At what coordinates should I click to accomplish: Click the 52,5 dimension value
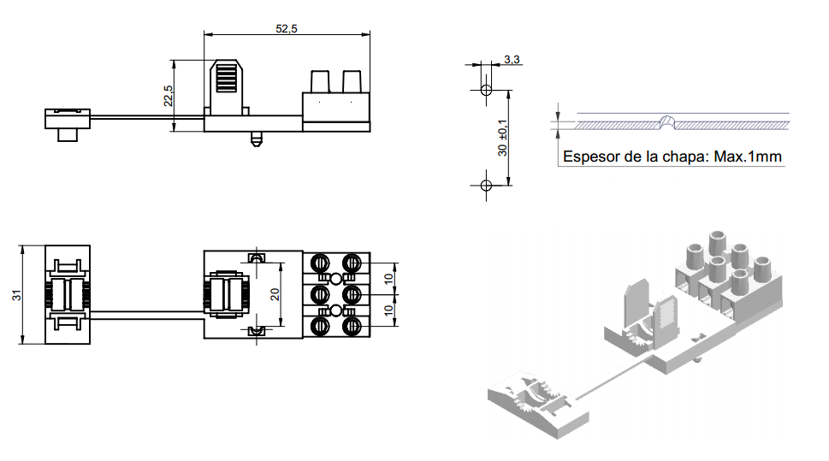286,28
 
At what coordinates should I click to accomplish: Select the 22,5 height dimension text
169,95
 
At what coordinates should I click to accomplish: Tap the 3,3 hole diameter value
512,59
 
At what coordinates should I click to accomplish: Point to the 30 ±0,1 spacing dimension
503,137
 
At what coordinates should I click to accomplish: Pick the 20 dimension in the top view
275,293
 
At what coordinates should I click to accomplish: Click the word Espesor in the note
589,157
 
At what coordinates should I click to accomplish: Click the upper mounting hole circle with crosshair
486,89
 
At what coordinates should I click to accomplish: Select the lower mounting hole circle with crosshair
486,185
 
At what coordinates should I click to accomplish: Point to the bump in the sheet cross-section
668,121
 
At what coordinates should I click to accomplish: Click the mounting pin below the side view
254,138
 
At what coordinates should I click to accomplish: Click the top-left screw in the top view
322,262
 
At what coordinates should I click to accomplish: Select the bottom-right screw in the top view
351,326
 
